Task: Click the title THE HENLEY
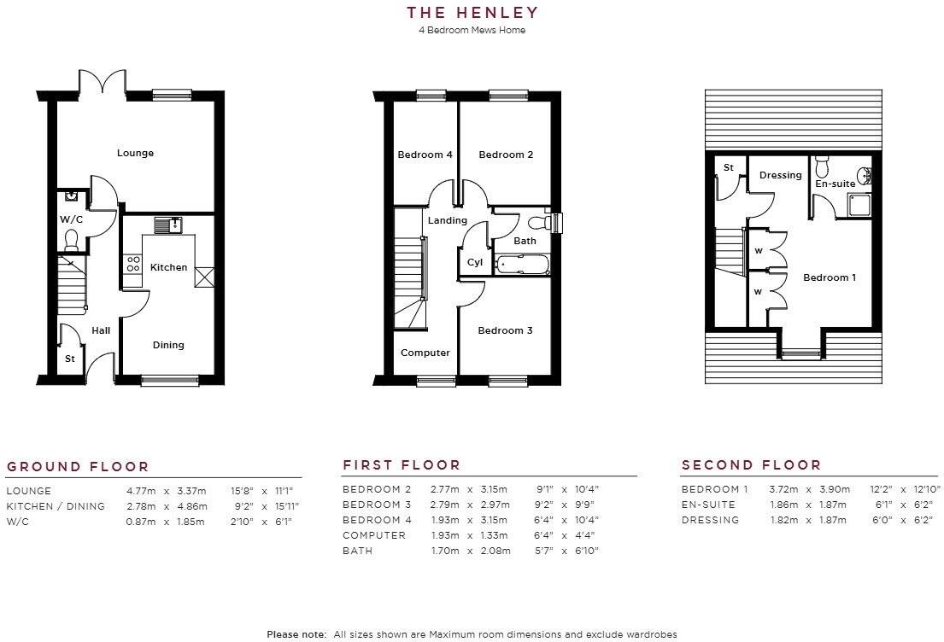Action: (472, 12)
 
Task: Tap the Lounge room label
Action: (135, 153)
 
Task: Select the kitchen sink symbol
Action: (167, 225)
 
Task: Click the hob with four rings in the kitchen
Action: (133, 264)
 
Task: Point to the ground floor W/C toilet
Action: (71, 239)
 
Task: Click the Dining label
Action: (168, 345)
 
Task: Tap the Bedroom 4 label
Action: (425, 155)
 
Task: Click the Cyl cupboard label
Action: (475, 263)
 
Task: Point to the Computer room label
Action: (425, 353)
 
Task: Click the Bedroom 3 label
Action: (505, 330)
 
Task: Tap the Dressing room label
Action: (780, 175)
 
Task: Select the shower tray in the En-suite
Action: (858, 206)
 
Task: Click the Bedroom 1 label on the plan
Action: (830, 277)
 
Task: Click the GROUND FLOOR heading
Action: (78, 467)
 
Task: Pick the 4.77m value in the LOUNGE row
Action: (140, 491)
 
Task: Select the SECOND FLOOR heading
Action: (751, 465)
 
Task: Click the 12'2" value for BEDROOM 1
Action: (882, 489)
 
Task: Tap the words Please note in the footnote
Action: (296, 634)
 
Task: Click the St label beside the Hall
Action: (70, 359)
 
